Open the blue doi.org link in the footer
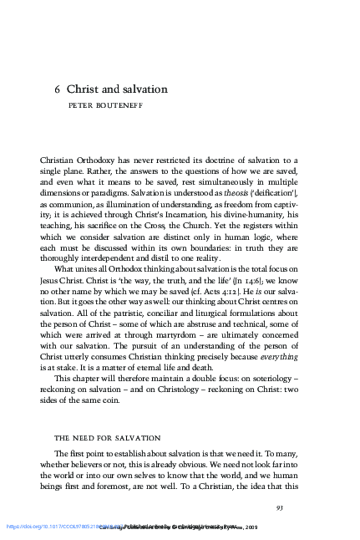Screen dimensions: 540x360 click(50, 527)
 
